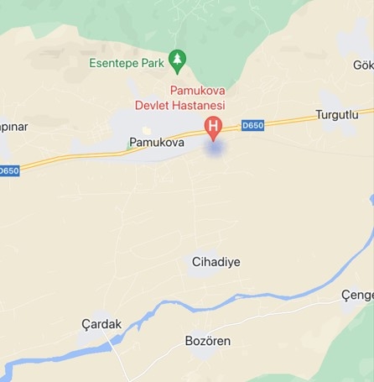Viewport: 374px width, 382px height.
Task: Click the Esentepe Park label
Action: click(126, 63)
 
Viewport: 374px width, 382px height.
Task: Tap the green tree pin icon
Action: click(177, 59)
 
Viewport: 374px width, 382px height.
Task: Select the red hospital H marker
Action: click(213, 128)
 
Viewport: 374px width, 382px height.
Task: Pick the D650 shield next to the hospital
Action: click(252, 125)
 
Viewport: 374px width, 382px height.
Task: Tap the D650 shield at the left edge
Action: click(8, 170)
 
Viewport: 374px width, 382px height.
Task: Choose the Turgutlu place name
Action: click(336, 114)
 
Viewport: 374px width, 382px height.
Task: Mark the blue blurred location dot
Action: click(216, 149)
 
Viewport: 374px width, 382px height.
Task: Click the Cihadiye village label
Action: click(216, 262)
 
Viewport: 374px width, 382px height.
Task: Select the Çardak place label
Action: click(101, 324)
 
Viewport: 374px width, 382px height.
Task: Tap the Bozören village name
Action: click(207, 341)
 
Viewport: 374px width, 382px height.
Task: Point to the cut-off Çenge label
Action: click(357, 296)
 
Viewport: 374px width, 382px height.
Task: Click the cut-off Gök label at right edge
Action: click(362, 65)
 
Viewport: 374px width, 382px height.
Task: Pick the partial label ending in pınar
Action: click(13, 127)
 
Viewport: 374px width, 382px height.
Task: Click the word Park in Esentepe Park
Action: click(152, 63)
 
